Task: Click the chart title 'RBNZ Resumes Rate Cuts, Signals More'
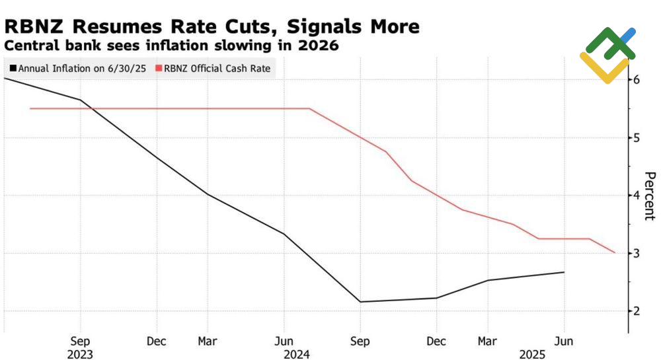pos(212,26)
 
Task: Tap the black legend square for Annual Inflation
pos(13,68)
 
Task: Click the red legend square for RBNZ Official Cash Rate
pos(158,68)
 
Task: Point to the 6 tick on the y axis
pos(637,80)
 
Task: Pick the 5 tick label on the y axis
pos(637,137)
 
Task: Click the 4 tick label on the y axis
pos(637,196)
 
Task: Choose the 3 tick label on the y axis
pos(637,253)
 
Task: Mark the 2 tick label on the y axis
pos(637,311)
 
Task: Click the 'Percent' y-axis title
pos(650,196)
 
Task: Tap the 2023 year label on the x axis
pos(80,355)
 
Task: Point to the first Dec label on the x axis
pos(157,342)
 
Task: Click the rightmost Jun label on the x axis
pos(564,342)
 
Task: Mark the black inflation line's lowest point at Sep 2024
pos(360,302)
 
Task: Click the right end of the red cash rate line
pos(615,252)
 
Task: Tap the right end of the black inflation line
pos(564,272)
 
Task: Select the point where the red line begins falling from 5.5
pos(309,108)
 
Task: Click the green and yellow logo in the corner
pos(608,54)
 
